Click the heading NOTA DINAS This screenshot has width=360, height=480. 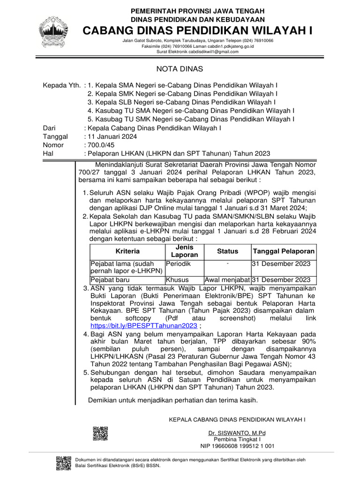[180, 69]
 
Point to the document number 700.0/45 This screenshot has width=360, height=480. [100, 145]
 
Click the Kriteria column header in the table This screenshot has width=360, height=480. [127, 252]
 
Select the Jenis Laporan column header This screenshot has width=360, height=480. [184, 251]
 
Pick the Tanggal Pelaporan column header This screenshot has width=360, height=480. [284, 252]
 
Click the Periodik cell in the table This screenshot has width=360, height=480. [179, 264]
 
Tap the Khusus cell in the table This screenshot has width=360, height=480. [177, 279]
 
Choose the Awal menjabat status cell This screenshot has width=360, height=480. [227, 279]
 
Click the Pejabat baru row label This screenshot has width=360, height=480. [111, 279]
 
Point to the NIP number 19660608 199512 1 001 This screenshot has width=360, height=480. [237, 446]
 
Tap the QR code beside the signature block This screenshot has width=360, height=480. [100, 434]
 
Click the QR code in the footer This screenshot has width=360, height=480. [64, 463]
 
